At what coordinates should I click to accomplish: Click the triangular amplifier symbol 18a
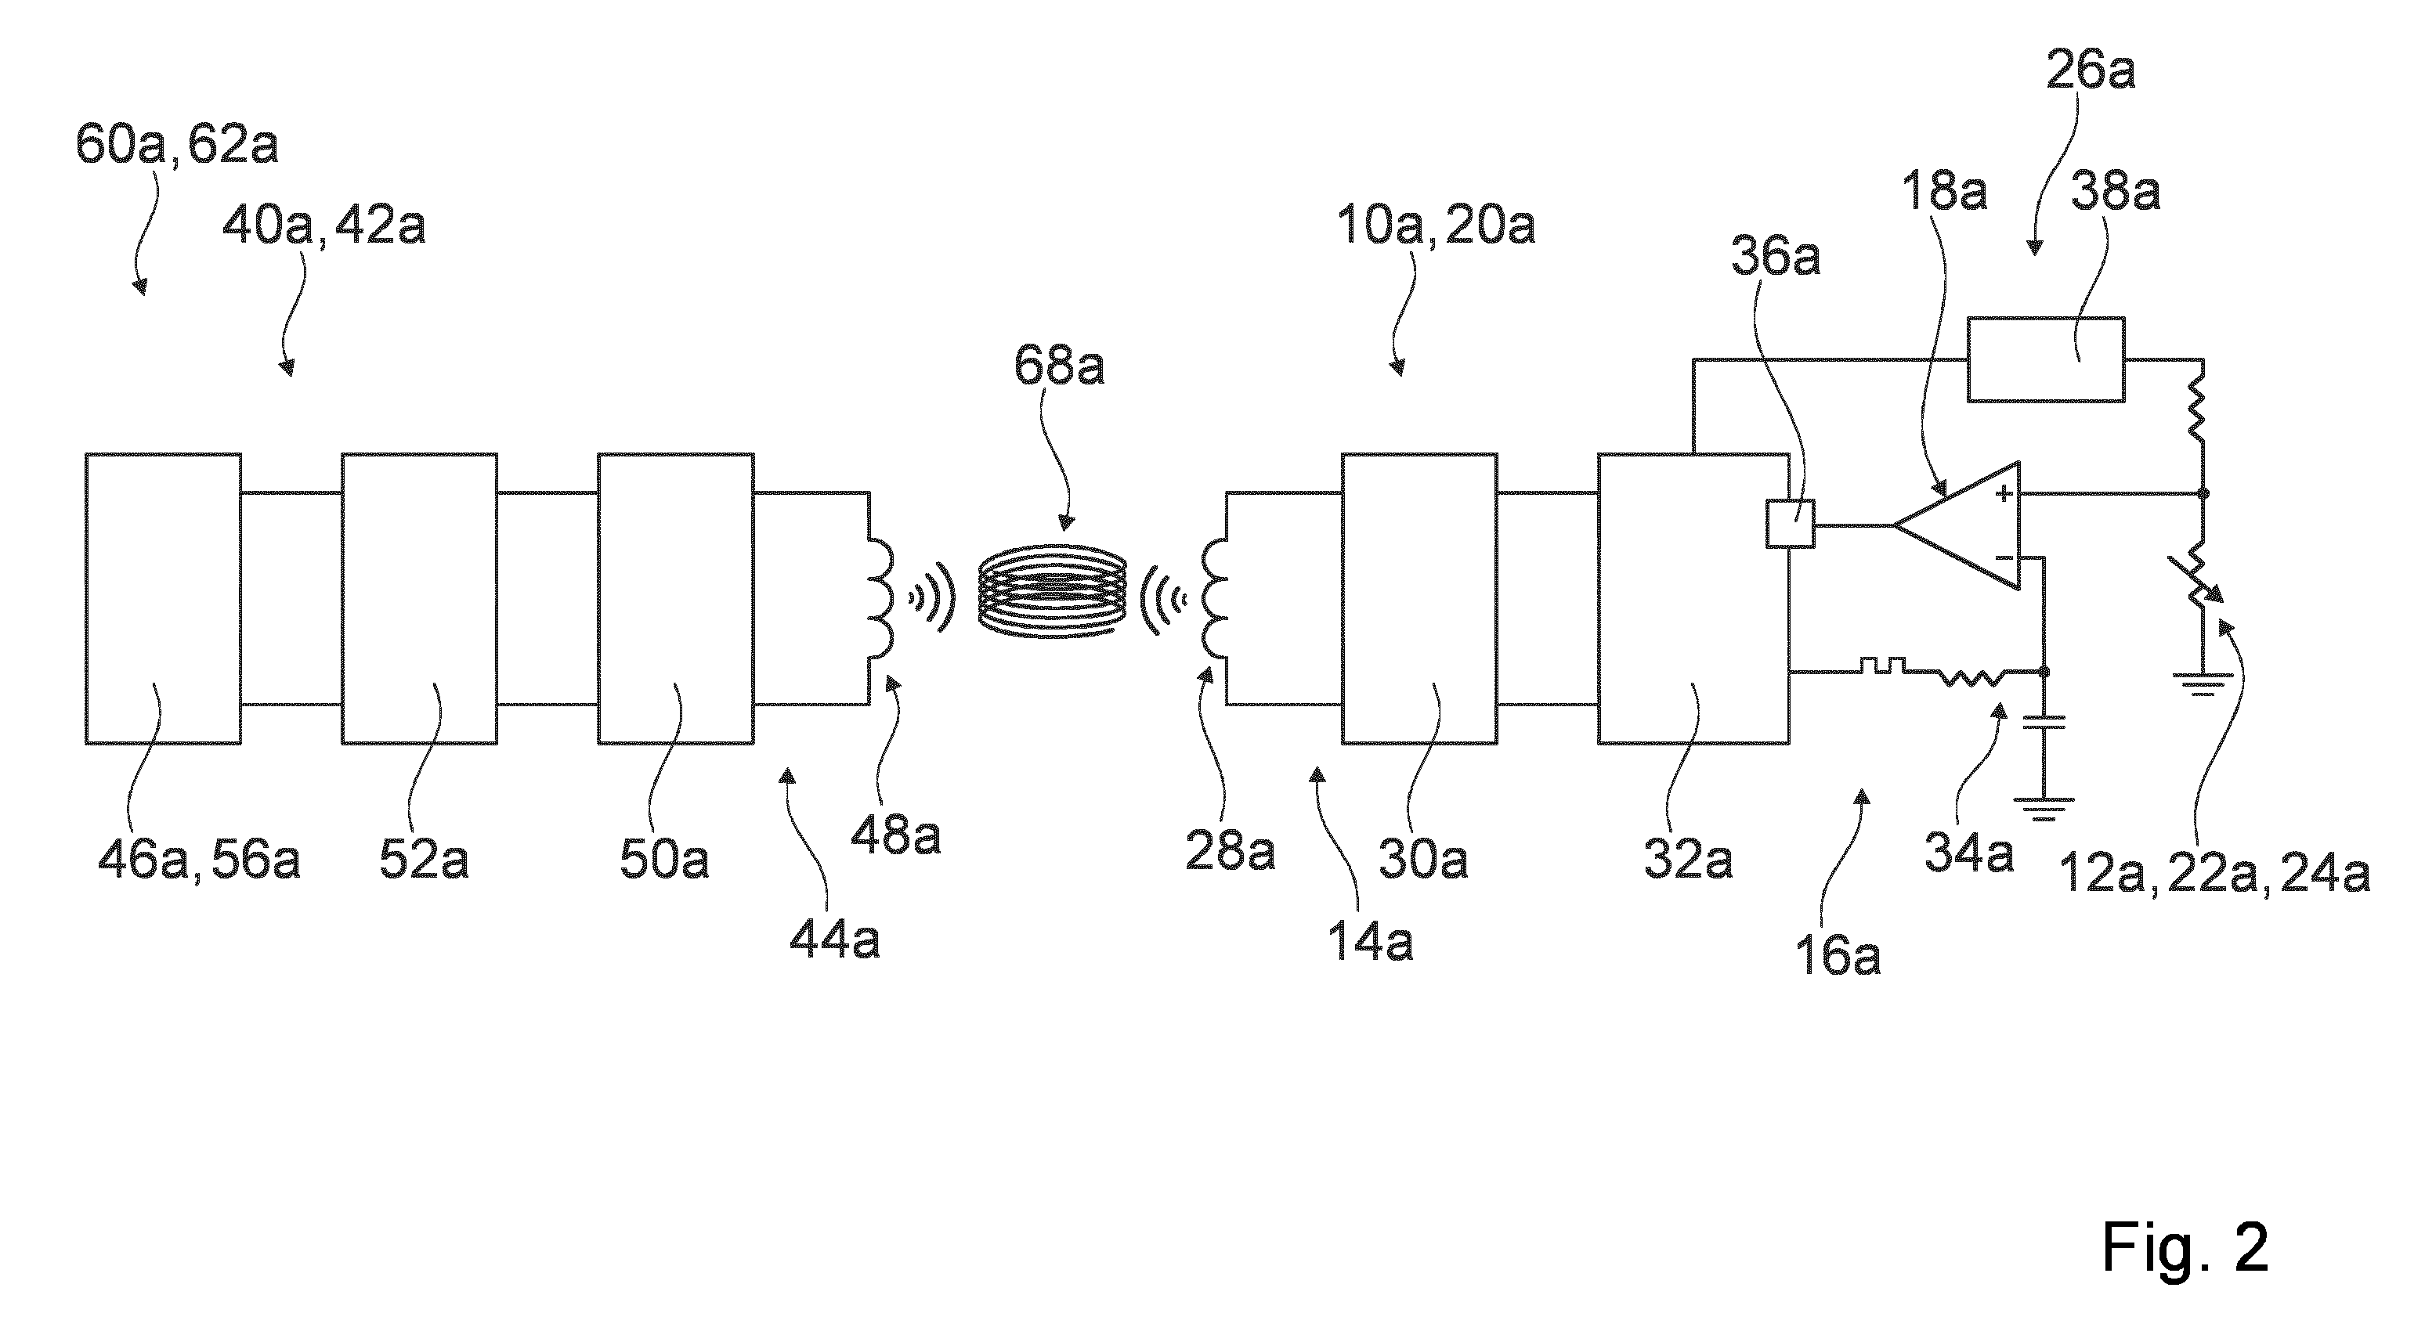[x=1956, y=525]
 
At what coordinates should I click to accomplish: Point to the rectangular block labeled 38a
[x=2046, y=359]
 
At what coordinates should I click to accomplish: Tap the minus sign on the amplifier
[x=2004, y=558]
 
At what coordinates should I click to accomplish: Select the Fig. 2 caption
[x=2185, y=1247]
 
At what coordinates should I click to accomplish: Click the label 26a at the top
[x=2090, y=70]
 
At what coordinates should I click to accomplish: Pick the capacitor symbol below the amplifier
[x=2043, y=722]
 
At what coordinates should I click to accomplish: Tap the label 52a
[x=424, y=860]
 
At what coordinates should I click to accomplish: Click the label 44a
[x=835, y=939]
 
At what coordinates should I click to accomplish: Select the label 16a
[x=1838, y=954]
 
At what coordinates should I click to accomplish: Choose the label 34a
[x=1968, y=853]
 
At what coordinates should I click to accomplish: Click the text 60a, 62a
[x=177, y=145]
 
